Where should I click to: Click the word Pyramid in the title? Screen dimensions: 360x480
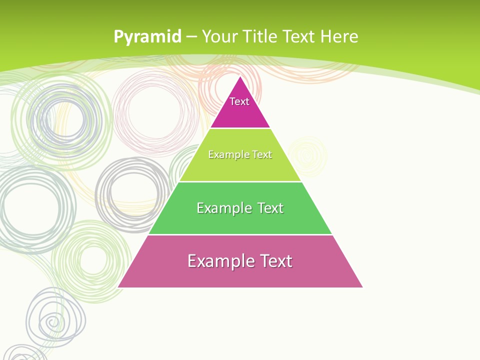(147, 37)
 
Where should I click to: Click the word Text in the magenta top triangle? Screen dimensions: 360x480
(239, 101)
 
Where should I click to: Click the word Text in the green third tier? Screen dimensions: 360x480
(270, 208)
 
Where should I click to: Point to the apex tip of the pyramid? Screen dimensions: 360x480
(240, 76)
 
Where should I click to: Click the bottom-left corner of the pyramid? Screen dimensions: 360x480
(118, 287)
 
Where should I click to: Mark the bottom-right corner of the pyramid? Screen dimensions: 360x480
(362, 287)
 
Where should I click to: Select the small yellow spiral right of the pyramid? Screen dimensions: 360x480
(307, 156)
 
